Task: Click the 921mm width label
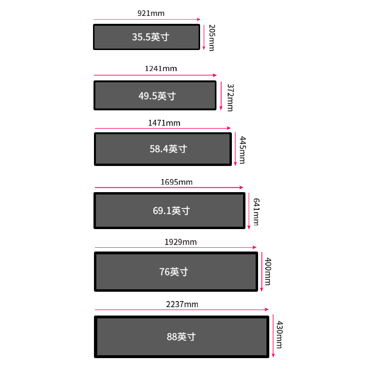(151, 14)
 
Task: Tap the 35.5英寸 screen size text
(150, 37)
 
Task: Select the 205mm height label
(211, 37)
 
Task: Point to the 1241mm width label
(161, 69)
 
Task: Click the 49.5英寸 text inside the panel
(157, 96)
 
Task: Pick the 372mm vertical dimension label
(230, 97)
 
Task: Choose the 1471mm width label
(164, 123)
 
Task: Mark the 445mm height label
(242, 150)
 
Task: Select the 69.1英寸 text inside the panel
(171, 210)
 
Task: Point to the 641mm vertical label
(256, 211)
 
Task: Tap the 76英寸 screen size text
(173, 272)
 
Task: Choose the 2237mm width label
(182, 304)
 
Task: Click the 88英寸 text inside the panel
(181, 337)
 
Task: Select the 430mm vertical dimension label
(280, 334)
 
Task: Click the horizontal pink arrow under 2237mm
(182, 309)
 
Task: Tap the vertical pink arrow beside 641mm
(249, 210)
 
